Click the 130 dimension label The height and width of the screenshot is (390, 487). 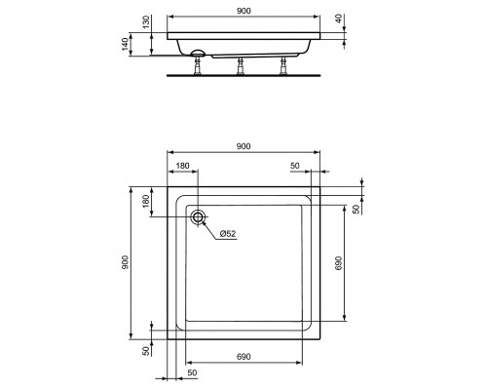pyautogui.click(x=146, y=21)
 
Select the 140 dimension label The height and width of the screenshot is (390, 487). pyautogui.click(x=126, y=44)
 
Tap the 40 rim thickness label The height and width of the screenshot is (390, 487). pyautogui.click(x=339, y=19)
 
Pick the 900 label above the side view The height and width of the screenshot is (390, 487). pyautogui.click(x=243, y=11)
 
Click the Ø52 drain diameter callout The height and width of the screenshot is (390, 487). pyautogui.click(x=228, y=234)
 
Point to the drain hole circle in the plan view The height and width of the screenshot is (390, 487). pyautogui.click(x=198, y=216)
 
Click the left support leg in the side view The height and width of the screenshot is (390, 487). pyautogui.click(x=198, y=66)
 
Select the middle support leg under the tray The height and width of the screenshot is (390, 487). pyautogui.click(x=241, y=66)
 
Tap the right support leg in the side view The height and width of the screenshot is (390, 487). pyautogui.click(x=283, y=66)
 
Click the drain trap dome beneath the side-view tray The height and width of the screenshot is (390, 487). pyautogui.click(x=198, y=53)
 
